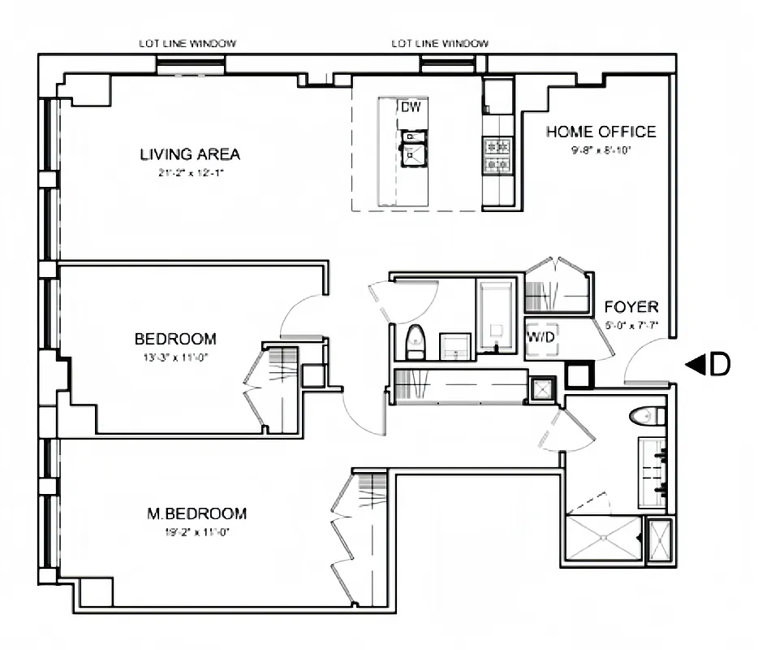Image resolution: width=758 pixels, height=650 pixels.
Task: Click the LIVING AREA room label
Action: (190, 154)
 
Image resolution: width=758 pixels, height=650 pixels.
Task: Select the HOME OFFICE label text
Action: (601, 132)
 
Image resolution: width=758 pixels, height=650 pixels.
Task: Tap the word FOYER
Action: (631, 307)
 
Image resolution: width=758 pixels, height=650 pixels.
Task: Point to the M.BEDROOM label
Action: (196, 513)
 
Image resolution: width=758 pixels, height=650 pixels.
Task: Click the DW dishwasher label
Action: (408, 107)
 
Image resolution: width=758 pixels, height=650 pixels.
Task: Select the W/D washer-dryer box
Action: (541, 338)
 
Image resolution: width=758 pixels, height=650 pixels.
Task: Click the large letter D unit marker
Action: (719, 366)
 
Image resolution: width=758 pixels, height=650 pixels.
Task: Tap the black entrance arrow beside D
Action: (695, 366)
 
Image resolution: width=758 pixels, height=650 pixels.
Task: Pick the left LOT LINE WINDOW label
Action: (190, 44)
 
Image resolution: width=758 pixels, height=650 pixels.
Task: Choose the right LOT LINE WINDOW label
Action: (441, 44)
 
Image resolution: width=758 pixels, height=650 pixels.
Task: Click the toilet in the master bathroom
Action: (647, 417)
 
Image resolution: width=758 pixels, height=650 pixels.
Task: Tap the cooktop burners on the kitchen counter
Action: (497, 156)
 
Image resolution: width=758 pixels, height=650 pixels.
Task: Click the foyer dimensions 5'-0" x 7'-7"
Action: (631, 326)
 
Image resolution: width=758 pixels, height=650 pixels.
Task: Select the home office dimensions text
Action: (601, 149)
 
